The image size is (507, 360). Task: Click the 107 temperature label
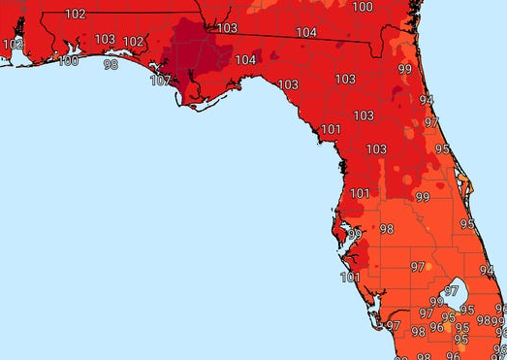coord(160,81)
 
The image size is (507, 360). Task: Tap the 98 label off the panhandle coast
coord(111,65)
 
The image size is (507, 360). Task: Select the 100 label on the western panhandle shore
coord(69,61)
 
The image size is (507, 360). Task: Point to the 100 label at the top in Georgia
coord(363,7)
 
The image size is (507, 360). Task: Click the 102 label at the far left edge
coord(13,45)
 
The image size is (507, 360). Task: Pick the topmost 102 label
coord(75,14)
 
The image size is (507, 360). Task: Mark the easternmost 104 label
coord(305,33)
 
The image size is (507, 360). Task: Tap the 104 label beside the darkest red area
coord(245,60)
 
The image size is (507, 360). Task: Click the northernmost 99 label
coord(404,69)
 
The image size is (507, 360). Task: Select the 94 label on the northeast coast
coord(426,99)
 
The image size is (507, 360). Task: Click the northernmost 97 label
coord(431,122)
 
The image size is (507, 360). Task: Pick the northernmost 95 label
coord(443,149)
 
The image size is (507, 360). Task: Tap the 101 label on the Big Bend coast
coord(331,129)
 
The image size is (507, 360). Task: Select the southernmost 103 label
coord(375,149)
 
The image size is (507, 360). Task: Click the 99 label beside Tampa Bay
coord(354,235)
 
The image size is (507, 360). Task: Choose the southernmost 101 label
coord(350,278)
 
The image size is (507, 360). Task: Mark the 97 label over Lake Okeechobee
coord(451,291)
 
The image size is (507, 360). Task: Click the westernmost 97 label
coord(393,325)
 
